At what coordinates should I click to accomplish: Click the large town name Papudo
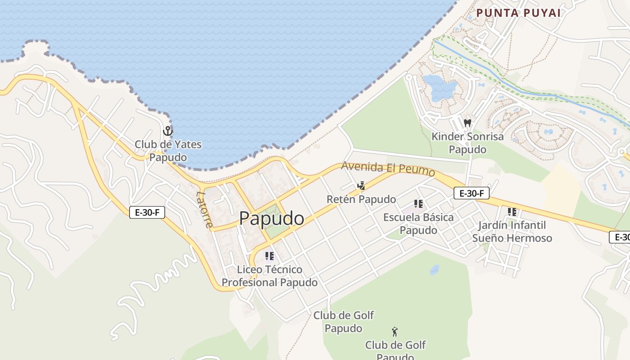[x=271, y=219]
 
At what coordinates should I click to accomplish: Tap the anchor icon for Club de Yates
[x=168, y=131]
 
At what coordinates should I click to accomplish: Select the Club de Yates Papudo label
[x=168, y=151]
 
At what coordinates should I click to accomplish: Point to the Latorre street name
[x=204, y=209]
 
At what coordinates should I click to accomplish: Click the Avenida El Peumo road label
[x=388, y=168]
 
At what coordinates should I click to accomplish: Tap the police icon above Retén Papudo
[x=360, y=185]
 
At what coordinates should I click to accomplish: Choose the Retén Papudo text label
[x=361, y=199]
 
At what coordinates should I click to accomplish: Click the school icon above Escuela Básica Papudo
[x=418, y=204]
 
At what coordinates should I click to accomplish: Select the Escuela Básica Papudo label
[x=418, y=224]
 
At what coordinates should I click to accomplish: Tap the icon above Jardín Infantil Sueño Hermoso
[x=512, y=211]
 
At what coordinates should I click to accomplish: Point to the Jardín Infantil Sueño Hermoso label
[x=512, y=231]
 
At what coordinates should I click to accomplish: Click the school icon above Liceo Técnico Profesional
[x=270, y=256]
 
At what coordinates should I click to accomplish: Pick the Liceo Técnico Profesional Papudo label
[x=270, y=276]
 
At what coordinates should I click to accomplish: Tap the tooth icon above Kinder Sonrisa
[x=468, y=122]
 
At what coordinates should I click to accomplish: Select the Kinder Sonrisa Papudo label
[x=468, y=143]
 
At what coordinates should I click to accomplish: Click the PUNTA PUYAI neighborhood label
[x=518, y=13]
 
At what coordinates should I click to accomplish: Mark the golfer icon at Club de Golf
[x=395, y=332]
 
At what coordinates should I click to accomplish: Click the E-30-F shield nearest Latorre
[x=147, y=212]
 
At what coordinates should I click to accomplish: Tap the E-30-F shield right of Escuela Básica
[x=471, y=193]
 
